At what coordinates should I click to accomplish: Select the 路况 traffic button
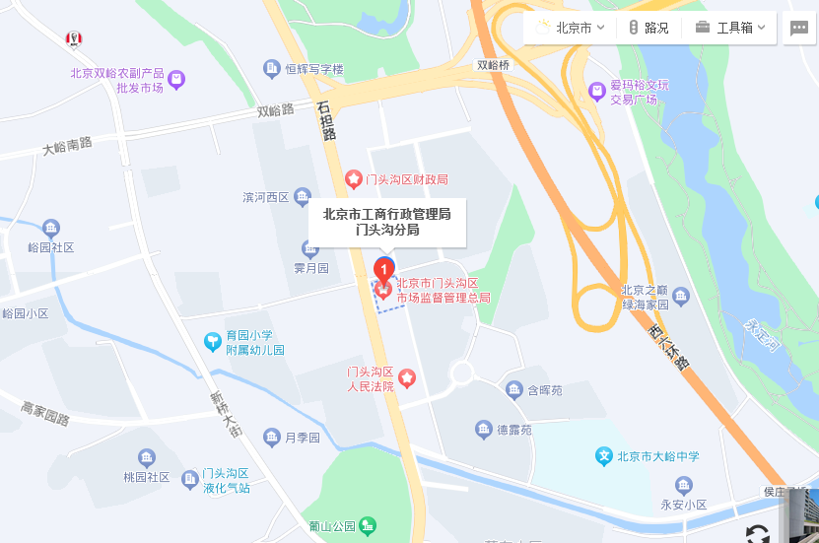pyautogui.click(x=648, y=28)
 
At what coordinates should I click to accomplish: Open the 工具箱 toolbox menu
pyautogui.click(x=730, y=28)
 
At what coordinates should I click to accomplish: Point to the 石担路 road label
pyautogui.click(x=328, y=119)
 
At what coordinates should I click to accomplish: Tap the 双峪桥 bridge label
pyautogui.click(x=494, y=65)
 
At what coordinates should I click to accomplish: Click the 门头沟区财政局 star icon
pyautogui.click(x=353, y=178)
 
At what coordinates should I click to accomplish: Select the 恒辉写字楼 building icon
pyautogui.click(x=271, y=68)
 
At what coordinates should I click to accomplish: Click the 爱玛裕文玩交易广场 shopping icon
pyautogui.click(x=597, y=91)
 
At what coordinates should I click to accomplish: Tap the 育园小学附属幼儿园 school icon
pyautogui.click(x=212, y=342)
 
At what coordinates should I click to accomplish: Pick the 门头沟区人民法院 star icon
pyautogui.click(x=406, y=378)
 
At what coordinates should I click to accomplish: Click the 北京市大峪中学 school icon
pyautogui.click(x=604, y=456)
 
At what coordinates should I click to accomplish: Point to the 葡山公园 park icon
pyautogui.click(x=368, y=525)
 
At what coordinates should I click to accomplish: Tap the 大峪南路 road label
pyautogui.click(x=67, y=147)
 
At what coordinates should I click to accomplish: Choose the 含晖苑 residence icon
pyautogui.click(x=513, y=390)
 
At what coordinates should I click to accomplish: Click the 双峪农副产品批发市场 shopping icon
pyautogui.click(x=176, y=80)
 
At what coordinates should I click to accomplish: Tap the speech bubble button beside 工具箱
pyautogui.click(x=798, y=29)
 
